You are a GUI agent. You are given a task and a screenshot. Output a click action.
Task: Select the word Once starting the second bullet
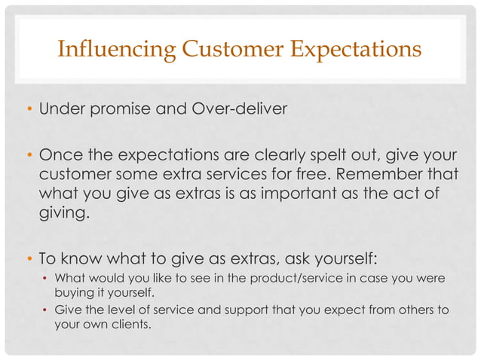click(x=58, y=156)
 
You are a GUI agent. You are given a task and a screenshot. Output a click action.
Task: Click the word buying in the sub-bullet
click(x=74, y=292)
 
